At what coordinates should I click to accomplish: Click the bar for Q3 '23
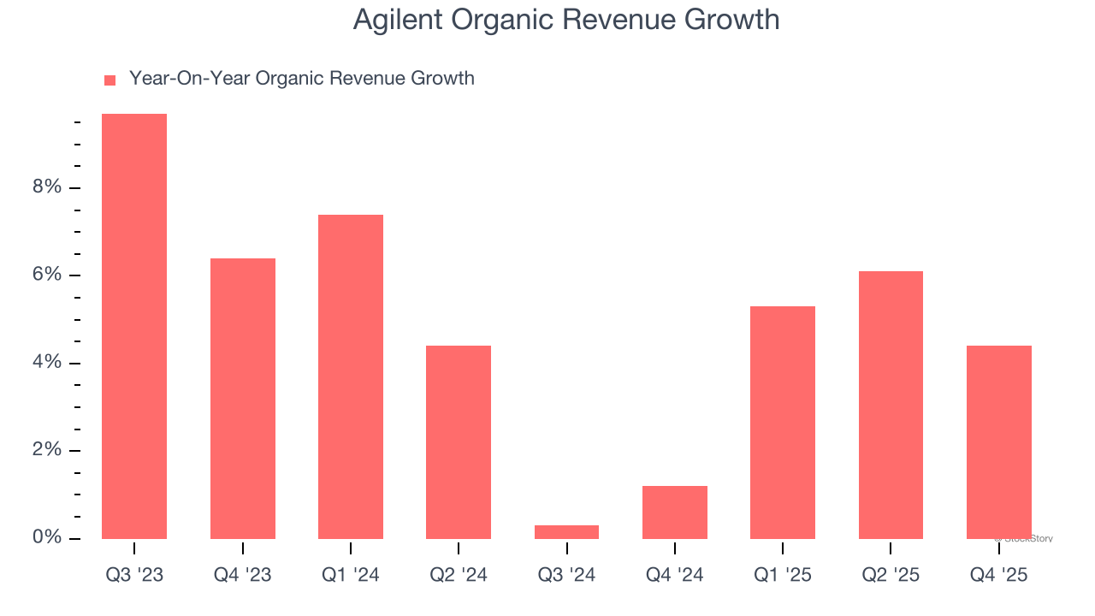134,326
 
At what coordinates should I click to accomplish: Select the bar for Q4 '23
243,398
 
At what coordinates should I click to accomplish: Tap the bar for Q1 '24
351,376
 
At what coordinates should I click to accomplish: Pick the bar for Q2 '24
459,441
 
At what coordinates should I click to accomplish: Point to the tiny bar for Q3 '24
566,532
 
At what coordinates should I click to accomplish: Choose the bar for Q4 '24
675,512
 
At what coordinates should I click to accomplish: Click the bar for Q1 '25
783,422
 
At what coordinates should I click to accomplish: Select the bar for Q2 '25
891,405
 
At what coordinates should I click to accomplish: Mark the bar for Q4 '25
999,441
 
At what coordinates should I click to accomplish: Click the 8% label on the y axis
47,187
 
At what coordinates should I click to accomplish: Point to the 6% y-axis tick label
47,275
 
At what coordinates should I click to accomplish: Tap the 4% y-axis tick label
47,363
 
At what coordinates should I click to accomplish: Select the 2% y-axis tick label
47,450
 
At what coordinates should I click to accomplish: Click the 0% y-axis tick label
47,537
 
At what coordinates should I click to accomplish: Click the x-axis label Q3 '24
566,575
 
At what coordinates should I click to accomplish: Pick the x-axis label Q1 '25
783,575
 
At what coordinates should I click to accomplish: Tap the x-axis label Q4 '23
243,575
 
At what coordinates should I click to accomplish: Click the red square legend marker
109,80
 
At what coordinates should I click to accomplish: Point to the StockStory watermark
1024,539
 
